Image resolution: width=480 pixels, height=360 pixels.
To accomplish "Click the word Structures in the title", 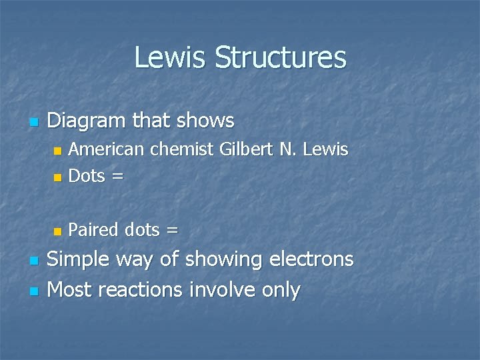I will [280, 57].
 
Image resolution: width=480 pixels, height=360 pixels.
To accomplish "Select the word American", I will [107, 149].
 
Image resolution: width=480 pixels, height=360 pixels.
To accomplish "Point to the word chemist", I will [183, 149].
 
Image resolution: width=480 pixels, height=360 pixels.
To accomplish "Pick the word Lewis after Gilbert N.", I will [325, 149].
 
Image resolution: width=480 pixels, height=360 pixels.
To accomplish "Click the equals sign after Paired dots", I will [172, 231].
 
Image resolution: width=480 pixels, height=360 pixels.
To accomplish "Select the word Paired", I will [94, 230].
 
